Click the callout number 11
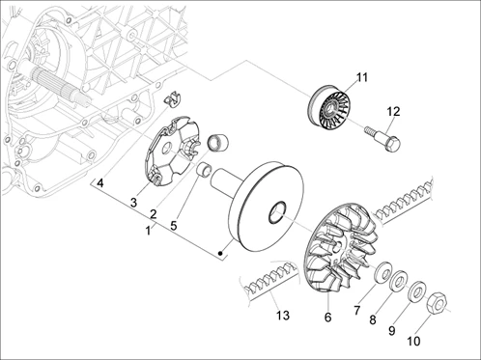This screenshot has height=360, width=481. [361, 77]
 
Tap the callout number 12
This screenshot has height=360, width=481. [393, 111]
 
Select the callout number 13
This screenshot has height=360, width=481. [282, 316]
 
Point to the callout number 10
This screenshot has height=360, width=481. [413, 341]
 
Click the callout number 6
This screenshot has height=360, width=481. [327, 318]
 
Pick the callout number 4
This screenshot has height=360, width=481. [100, 183]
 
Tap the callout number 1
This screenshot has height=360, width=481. [148, 231]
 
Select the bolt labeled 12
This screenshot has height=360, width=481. [382, 139]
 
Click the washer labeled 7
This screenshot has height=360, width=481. [382, 271]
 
